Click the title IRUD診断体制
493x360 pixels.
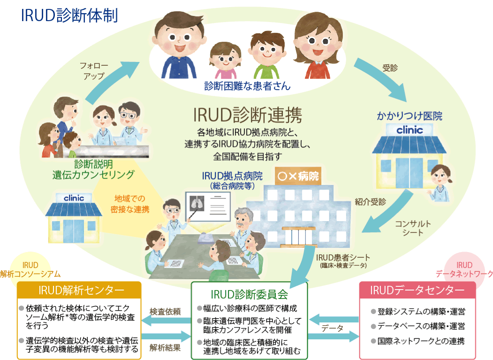click(69, 15)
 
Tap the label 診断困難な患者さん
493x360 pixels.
click(247, 86)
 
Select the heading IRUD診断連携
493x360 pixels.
click(247, 114)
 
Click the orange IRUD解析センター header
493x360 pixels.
click(78, 290)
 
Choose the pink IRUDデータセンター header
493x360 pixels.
click(417, 290)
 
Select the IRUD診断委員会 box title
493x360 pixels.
click(249, 294)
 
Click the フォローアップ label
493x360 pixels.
click(91, 70)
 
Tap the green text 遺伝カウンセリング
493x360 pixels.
click(93, 175)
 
